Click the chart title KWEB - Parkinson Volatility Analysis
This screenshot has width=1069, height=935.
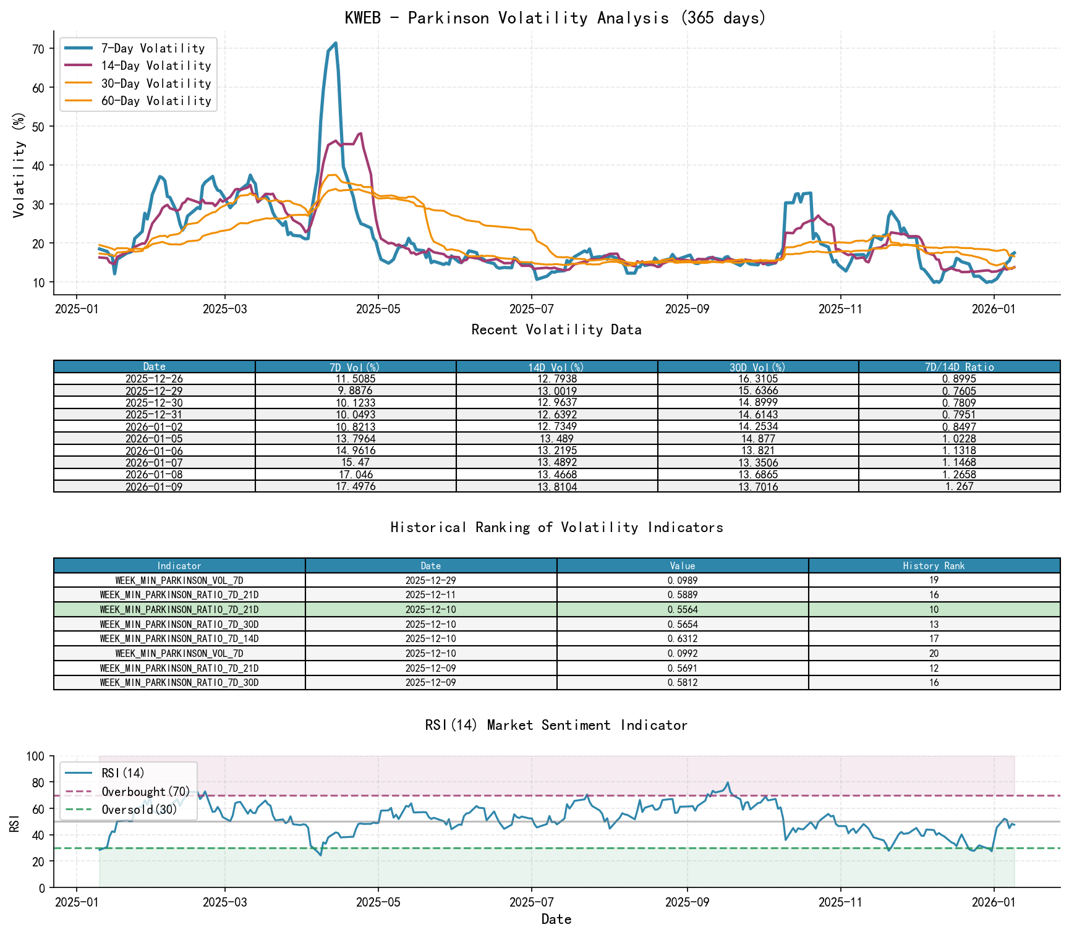point(555,18)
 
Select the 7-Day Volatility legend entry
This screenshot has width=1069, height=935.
point(153,48)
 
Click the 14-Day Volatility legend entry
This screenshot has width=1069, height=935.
point(156,66)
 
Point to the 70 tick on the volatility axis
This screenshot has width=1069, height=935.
point(38,49)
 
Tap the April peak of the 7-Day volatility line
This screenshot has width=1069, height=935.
point(335,43)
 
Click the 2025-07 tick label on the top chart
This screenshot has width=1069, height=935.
point(531,309)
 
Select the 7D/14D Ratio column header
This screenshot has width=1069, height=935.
point(959,367)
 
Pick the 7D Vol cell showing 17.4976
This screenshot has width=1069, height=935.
point(356,487)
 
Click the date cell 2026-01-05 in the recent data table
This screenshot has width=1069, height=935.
point(154,439)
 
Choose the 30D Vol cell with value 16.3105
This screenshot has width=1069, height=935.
point(757,379)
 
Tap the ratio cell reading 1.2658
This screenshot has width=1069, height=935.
point(959,475)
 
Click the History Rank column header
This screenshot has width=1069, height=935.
point(934,566)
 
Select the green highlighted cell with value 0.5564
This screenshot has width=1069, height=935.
point(683,610)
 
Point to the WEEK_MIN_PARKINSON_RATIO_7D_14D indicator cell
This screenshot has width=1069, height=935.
point(179,639)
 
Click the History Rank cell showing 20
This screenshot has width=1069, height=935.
point(934,654)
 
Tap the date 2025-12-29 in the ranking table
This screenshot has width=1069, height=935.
point(431,581)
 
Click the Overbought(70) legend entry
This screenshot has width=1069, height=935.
point(146,792)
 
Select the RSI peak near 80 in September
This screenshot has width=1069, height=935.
point(728,782)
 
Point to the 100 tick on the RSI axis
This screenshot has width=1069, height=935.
point(36,756)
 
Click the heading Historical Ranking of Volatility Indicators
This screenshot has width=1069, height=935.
point(556,527)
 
